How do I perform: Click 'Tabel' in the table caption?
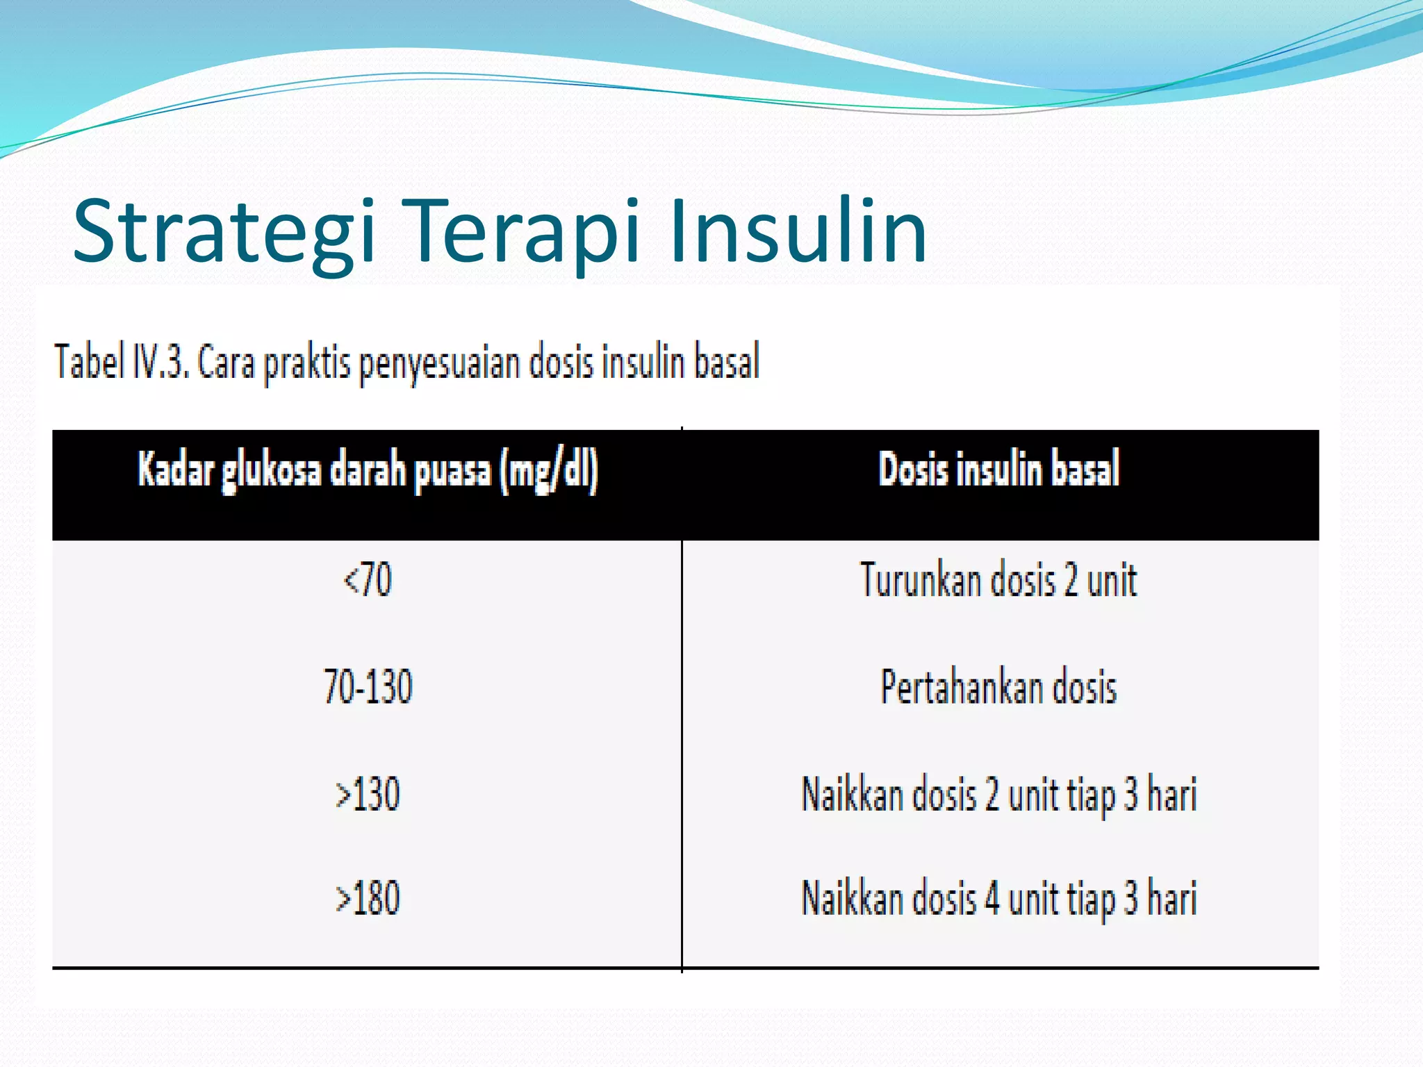tap(89, 362)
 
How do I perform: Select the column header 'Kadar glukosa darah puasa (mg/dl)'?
tap(368, 470)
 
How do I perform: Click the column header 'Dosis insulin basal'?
tap(999, 469)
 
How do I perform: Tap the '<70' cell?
tap(368, 579)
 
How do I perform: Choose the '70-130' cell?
tap(368, 686)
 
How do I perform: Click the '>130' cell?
tap(368, 794)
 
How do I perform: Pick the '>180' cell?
tap(368, 898)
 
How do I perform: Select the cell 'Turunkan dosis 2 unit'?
tap(999, 579)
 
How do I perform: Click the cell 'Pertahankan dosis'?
tap(999, 686)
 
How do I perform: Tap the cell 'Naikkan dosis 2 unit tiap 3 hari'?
tap(999, 794)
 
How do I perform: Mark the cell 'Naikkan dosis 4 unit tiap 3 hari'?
tap(999, 898)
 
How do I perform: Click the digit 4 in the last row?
tap(992, 898)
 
